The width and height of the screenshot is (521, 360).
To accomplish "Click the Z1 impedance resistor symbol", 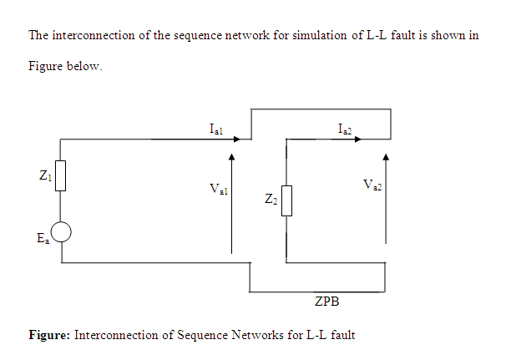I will [x=60, y=176].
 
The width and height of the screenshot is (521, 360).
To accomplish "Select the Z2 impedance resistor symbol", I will [x=286, y=200].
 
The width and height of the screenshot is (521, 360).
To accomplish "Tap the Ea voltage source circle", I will [x=62, y=232].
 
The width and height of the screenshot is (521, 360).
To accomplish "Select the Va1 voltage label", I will [x=220, y=190].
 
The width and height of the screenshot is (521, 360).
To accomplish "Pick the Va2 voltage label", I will [x=372, y=185].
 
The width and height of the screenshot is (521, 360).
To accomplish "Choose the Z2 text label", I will [x=270, y=200].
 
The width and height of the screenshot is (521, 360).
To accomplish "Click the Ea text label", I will [x=43, y=238].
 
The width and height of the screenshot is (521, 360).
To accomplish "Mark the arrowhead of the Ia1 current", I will [x=238, y=139].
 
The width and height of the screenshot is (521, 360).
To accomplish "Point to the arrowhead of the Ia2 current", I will [x=358, y=139].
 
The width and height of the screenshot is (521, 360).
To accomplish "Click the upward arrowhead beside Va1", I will [x=232, y=156].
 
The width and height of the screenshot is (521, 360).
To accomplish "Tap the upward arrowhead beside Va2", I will [x=386, y=156].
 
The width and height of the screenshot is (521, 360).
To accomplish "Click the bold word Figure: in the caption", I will [x=49, y=335].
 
